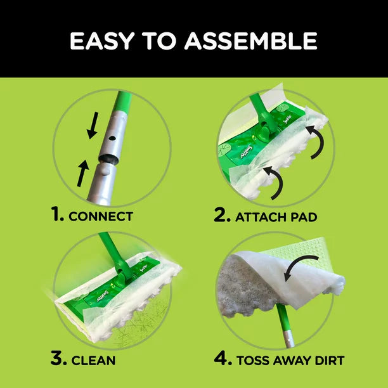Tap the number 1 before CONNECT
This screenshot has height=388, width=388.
tap(58, 215)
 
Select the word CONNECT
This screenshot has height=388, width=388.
tap(101, 216)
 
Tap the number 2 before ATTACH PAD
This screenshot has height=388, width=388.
tap(221, 215)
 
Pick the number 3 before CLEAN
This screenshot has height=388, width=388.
tap(58, 359)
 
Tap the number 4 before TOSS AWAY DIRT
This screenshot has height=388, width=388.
tap(223, 359)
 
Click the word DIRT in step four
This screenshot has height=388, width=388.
tap(328, 360)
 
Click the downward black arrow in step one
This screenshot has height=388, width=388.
tap(93, 125)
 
